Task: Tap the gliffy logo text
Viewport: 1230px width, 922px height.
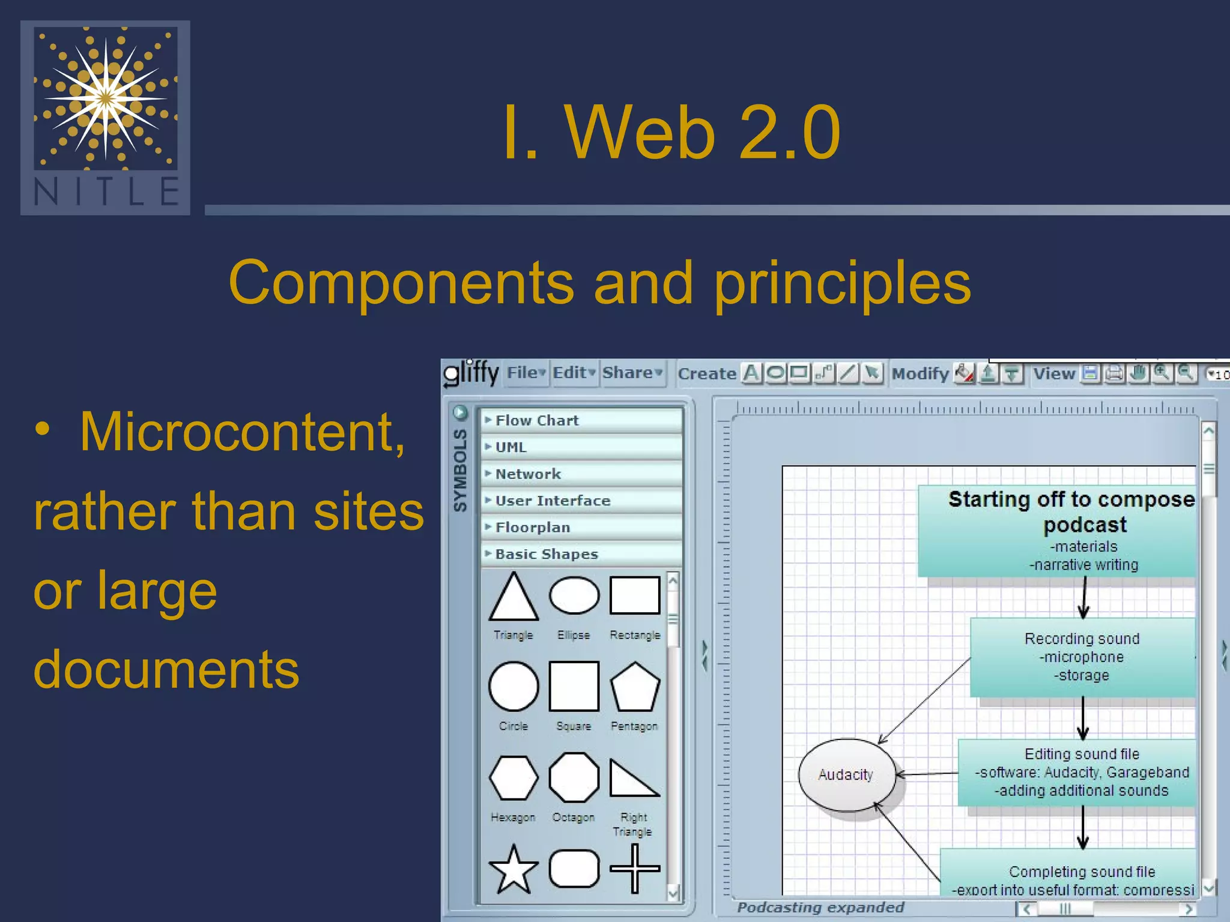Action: pos(472,373)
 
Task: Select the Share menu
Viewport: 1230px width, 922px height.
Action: pos(632,373)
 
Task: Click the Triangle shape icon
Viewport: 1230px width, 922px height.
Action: pos(514,598)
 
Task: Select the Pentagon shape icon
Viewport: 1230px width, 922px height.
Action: pos(635,687)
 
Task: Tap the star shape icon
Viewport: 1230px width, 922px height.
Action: pos(514,869)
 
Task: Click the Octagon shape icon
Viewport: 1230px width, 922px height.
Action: pos(574,778)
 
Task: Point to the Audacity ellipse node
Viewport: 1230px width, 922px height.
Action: pos(846,775)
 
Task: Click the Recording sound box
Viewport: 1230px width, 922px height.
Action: pos(1082,657)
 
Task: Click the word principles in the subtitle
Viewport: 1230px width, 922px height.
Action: pos(842,282)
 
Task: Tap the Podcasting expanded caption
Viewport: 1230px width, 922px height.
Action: pos(820,907)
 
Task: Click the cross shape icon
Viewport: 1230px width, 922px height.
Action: pos(635,869)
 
